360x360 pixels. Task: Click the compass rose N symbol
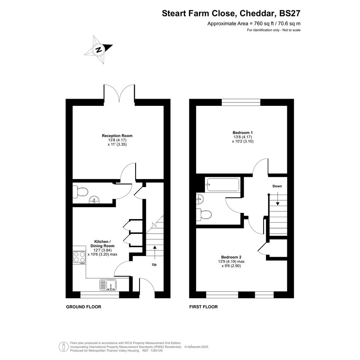(x=99, y=50)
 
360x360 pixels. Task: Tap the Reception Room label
(x=117, y=136)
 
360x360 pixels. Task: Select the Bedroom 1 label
(x=243, y=133)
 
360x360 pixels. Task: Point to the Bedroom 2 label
(x=231, y=257)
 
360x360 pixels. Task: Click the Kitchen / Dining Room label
(x=102, y=243)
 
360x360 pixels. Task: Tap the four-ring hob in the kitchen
(x=79, y=257)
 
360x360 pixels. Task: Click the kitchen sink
(x=108, y=285)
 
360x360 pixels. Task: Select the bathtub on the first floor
(x=223, y=185)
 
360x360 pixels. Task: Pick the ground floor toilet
(x=80, y=192)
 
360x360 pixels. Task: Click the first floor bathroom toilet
(x=204, y=215)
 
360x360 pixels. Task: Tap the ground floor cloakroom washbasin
(x=94, y=200)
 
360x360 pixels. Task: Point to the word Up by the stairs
(x=154, y=264)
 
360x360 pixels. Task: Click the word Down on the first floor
(x=277, y=186)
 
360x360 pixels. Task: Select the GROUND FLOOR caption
(x=83, y=307)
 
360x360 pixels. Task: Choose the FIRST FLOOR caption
(x=203, y=307)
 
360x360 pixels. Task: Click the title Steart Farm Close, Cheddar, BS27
(x=231, y=13)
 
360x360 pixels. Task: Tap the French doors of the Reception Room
(x=119, y=94)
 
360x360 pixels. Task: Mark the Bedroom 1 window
(x=241, y=102)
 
